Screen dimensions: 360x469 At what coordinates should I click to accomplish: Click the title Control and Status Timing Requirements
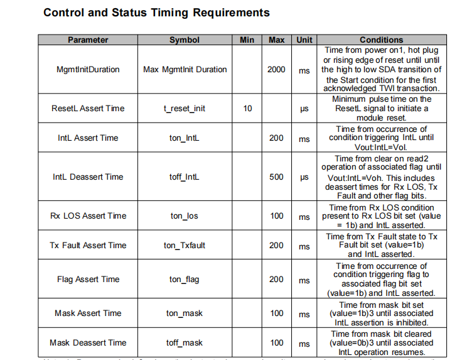click(x=156, y=13)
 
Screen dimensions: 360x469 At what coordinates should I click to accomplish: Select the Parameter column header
click(x=88, y=40)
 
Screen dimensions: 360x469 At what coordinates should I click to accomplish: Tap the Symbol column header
click(x=185, y=40)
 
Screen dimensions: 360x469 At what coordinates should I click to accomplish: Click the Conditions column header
click(x=381, y=40)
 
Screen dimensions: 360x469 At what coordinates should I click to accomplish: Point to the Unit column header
click(x=305, y=40)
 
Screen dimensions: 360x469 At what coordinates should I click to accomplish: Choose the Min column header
click(x=247, y=40)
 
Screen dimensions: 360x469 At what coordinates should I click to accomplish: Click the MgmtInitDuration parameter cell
click(x=88, y=70)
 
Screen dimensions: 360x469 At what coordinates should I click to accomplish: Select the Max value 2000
click(x=276, y=70)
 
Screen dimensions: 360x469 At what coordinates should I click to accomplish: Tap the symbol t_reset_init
click(x=185, y=109)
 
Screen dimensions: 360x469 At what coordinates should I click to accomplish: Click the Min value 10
click(x=247, y=109)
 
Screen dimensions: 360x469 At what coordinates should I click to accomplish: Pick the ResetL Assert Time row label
click(x=88, y=109)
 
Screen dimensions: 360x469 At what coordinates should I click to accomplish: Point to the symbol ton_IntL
click(x=185, y=138)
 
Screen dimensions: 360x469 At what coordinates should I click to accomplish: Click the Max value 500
click(x=276, y=177)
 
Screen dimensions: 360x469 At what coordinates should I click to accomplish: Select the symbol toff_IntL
click(x=185, y=177)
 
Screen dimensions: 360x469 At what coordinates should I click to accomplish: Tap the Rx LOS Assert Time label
click(x=88, y=216)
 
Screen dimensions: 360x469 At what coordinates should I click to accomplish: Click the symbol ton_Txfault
click(x=185, y=246)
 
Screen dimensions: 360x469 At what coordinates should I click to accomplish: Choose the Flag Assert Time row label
click(x=88, y=280)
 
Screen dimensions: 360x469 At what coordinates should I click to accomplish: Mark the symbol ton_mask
click(x=185, y=314)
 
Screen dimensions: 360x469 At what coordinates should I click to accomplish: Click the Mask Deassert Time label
click(x=88, y=343)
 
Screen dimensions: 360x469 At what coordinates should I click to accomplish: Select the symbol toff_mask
click(x=185, y=343)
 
